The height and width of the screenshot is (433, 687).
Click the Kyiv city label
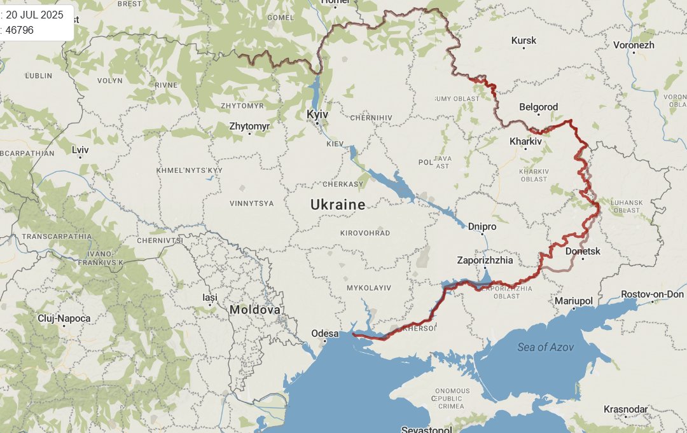point(317,114)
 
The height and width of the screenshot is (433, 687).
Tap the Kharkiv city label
point(525,141)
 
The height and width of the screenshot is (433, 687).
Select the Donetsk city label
point(583,251)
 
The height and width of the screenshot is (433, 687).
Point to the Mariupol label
point(573,300)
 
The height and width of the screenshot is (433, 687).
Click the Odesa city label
point(324,333)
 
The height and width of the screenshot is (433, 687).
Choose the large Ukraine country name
point(338,205)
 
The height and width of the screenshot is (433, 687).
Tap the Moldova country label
point(254,310)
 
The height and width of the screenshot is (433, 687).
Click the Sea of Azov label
point(545,347)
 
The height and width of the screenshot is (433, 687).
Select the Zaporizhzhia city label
point(485,260)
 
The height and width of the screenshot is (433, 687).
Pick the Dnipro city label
point(482,226)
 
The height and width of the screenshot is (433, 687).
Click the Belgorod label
point(538,107)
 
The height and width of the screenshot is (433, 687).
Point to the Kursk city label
point(524,41)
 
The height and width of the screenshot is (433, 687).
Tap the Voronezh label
point(634,45)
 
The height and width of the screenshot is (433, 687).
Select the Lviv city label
point(81,150)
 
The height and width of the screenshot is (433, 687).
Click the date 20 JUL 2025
point(34,15)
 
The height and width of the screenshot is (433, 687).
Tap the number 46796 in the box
point(20,30)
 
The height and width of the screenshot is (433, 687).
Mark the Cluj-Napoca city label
point(64,318)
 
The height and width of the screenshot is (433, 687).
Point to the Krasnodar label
point(625,409)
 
